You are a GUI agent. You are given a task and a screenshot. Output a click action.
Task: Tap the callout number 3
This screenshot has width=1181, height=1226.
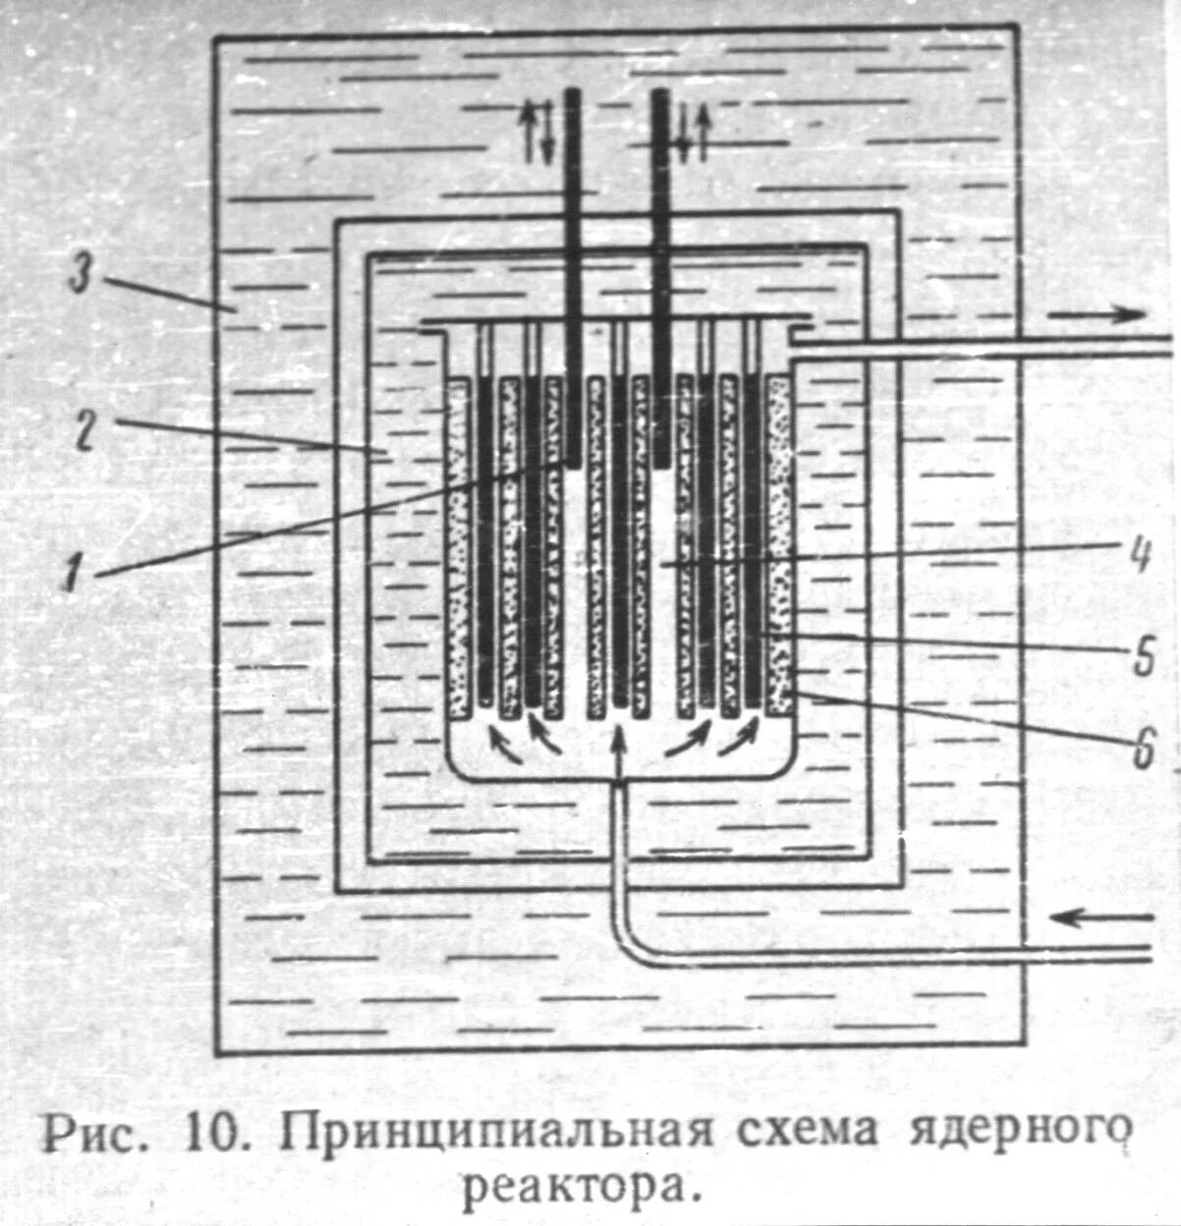(x=81, y=277)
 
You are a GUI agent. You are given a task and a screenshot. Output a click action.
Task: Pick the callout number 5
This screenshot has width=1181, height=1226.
(x=1143, y=656)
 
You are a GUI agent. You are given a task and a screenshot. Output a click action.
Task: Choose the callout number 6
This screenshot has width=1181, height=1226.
(x=1142, y=751)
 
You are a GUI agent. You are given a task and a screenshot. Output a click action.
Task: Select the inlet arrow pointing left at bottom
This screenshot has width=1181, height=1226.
(x=1100, y=919)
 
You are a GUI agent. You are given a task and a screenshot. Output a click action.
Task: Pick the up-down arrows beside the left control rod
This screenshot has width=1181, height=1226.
(x=536, y=133)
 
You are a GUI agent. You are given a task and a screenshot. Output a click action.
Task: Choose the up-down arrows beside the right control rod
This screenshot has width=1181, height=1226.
(x=694, y=133)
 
